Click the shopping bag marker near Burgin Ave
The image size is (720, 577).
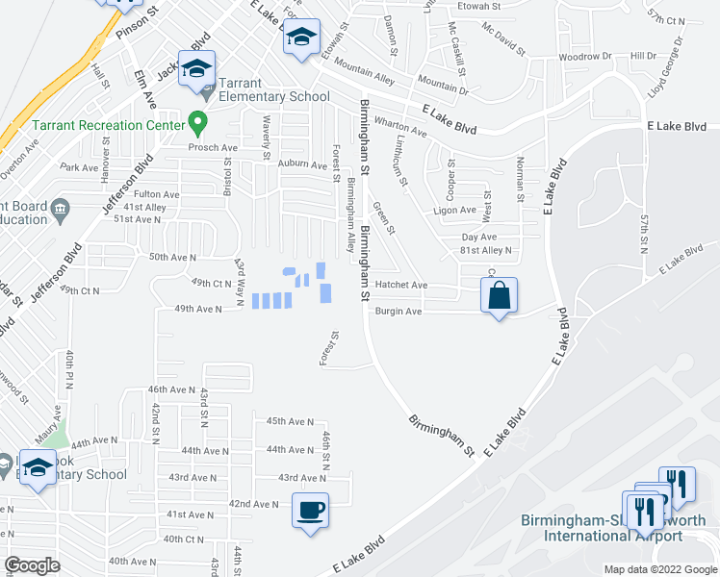pyautogui.click(x=500, y=295)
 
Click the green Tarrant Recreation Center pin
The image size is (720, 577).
pyautogui.click(x=198, y=123)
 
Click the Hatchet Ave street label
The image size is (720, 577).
pyautogui.click(x=401, y=286)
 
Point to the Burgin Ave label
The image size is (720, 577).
pyautogui.click(x=399, y=312)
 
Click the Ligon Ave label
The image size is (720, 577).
pyautogui.click(x=455, y=211)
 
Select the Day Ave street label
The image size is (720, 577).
pyautogui.click(x=478, y=237)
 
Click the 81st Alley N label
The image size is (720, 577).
pyautogui.click(x=487, y=250)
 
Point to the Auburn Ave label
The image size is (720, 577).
pyautogui.click(x=303, y=165)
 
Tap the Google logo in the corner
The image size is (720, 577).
pyautogui.click(x=31, y=564)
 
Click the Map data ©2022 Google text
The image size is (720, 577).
pyautogui.click(x=661, y=569)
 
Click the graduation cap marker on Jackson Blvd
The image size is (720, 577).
pyautogui.click(x=196, y=68)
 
